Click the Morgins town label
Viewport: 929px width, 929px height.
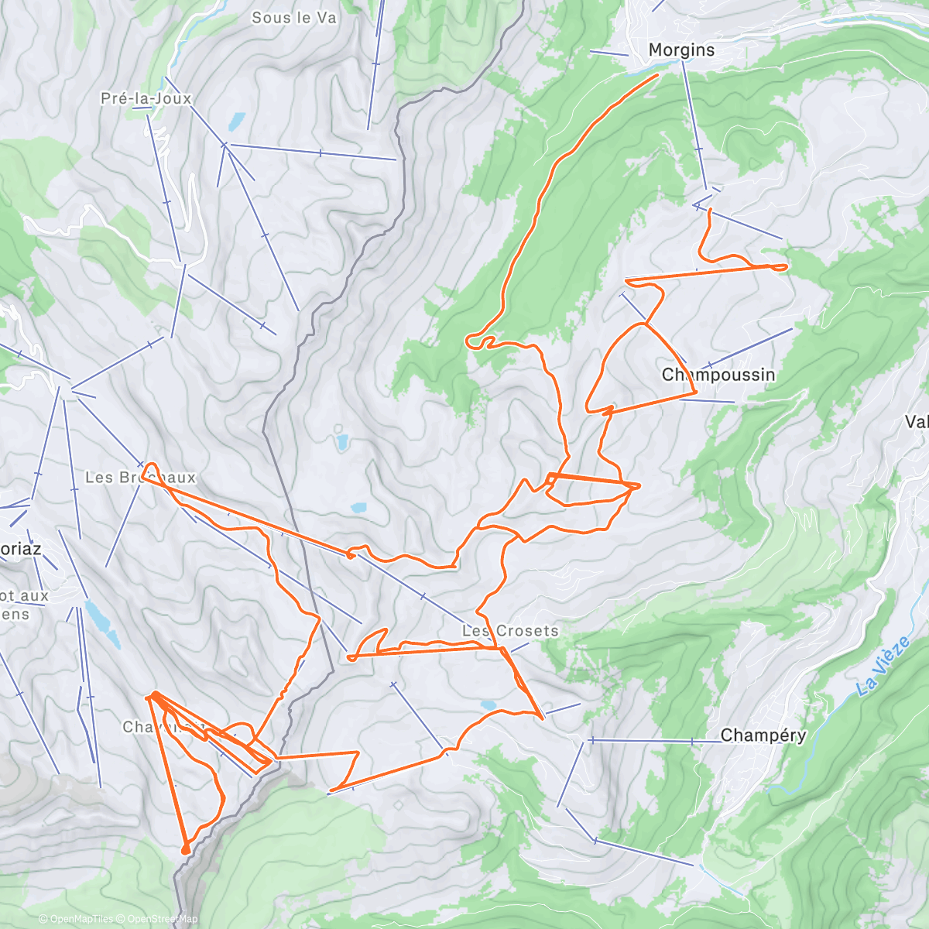(681, 50)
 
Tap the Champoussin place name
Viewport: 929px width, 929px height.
(718, 375)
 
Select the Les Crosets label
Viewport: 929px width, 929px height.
(510, 631)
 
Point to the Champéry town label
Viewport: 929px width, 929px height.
(763, 735)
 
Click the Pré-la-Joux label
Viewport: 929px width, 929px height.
(146, 98)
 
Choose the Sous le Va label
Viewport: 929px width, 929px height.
(294, 17)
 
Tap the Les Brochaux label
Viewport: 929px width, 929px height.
(140, 478)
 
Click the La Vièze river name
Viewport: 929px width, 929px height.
(883, 667)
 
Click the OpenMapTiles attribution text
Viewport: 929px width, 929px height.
(81, 920)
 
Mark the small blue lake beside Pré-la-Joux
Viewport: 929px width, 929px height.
(236, 121)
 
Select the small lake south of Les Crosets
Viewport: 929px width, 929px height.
(488, 704)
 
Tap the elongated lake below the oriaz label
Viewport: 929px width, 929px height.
(101, 623)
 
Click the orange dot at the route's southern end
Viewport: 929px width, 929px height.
(185, 850)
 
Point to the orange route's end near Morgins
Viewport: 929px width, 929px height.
(657, 74)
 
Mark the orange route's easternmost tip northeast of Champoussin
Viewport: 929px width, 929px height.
(785, 266)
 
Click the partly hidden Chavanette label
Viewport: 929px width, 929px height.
(163, 727)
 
